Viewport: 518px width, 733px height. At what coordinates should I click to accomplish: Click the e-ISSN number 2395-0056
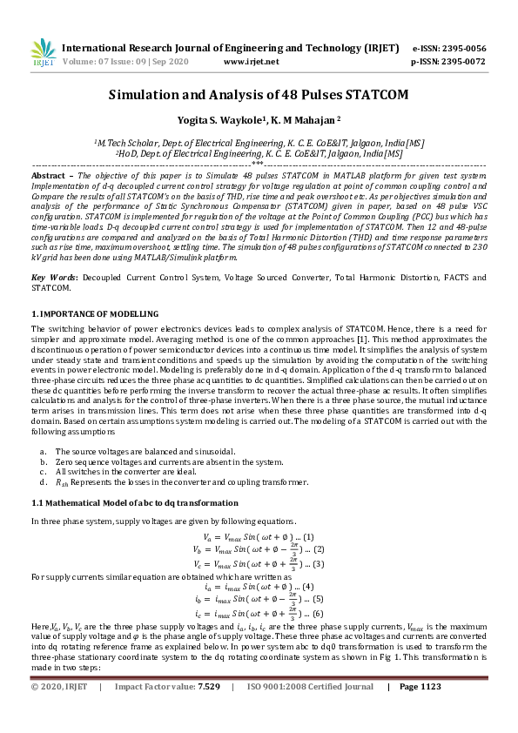[x=461, y=48]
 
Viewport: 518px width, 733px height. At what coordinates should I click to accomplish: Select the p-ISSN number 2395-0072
[x=461, y=62]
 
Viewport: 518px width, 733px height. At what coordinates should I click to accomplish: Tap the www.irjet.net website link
[x=251, y=62]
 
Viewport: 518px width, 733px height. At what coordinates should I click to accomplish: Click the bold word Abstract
[x=49, y=175]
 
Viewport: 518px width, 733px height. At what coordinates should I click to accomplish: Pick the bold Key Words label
[x=54, y=277]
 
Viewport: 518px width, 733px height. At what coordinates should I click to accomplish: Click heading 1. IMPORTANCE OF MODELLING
[x=95, y=313]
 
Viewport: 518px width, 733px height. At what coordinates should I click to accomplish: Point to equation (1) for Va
[x=258, y=536]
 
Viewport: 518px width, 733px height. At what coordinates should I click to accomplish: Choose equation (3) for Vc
[x=258, y=564]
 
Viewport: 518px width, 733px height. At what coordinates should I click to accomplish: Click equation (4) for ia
[x=258, y=587]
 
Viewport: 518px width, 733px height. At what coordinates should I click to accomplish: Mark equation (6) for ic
[x=258, y=614]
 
